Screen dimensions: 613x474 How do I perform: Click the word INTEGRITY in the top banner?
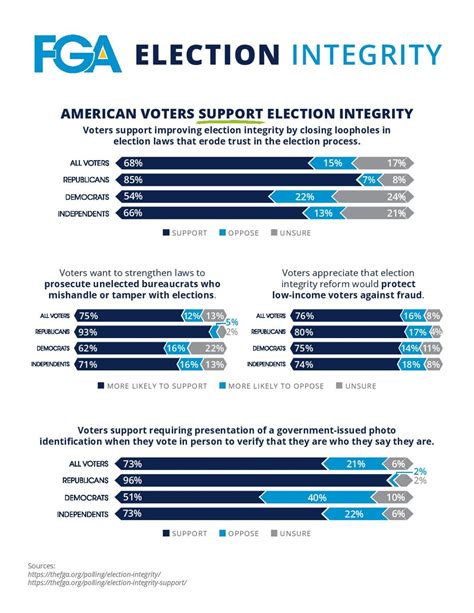(x=364, y=54)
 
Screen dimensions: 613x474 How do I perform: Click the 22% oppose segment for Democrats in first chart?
(x=306, y=198)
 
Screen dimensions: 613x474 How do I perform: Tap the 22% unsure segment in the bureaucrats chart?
(x=213, y=348)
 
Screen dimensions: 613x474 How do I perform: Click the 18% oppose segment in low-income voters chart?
(x=410, y=364)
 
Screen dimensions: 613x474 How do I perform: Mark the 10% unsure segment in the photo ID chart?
(x=396, y=497)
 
